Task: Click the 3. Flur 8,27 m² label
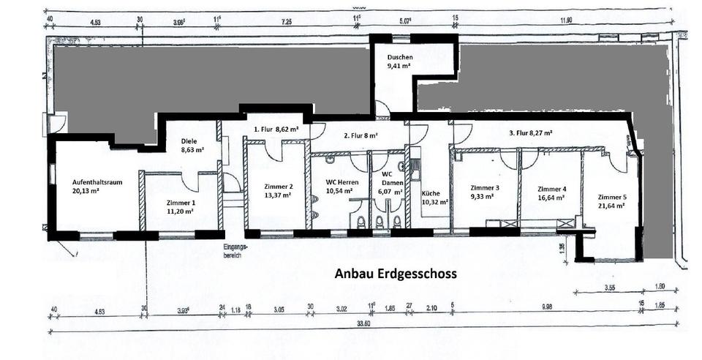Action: [530, 133]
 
